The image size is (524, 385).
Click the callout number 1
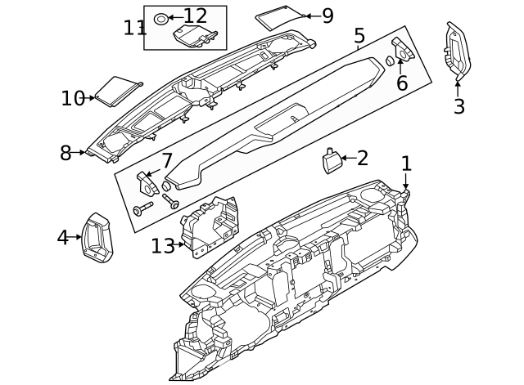coord(406,163)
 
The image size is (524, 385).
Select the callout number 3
coord(458,105)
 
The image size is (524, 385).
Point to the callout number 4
coord(63,238)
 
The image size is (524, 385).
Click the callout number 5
coord(359,36)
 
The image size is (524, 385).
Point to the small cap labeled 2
coord(332,162)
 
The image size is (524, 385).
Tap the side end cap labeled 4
coord(97,237)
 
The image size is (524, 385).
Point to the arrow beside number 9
coord(305,16)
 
